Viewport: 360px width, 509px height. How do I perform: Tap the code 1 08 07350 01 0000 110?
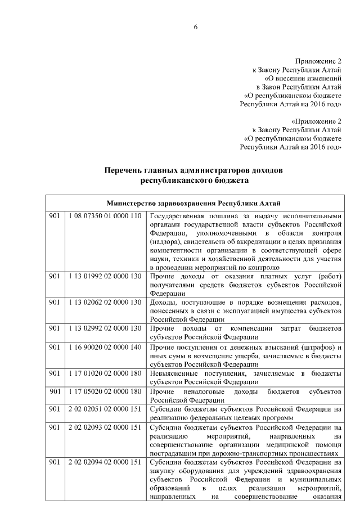pos(103,217)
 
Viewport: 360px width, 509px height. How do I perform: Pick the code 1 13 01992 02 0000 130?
pos(103,276)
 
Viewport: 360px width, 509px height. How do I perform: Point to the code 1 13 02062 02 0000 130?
pos(103,302)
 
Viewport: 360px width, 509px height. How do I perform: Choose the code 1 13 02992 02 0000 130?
pos(103,328)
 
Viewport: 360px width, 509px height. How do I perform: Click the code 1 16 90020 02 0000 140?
pos(103,348)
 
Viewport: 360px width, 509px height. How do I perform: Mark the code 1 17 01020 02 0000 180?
pos(103,373)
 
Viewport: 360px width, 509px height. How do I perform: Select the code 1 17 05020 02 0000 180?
pos(103,391)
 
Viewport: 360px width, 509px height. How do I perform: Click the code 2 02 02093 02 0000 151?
pos(103,427)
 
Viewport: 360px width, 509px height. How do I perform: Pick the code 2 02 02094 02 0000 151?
pos(103,462)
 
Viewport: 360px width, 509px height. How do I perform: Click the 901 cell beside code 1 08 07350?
pos(54,217)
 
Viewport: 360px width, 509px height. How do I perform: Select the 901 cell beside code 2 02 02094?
pos(54,462)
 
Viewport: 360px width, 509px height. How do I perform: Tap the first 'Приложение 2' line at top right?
pos(318,61)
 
